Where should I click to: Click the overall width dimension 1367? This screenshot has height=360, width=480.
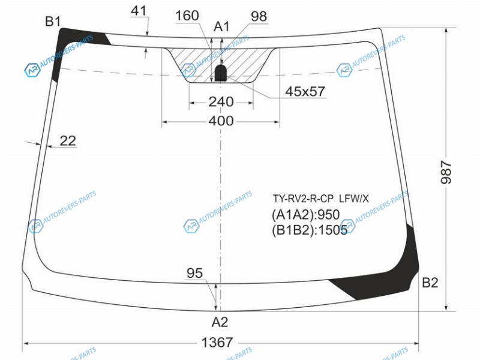click(217, 342)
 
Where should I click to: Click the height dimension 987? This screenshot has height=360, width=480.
click(446, 172)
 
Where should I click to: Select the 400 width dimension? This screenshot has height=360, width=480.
click(221, 121)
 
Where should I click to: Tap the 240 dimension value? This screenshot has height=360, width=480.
click(221, 102)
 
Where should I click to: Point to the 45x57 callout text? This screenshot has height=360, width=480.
click(305, 91)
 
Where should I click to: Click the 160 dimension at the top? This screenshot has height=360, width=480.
click(187, 16)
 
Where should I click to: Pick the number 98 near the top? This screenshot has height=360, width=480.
click(259, 16)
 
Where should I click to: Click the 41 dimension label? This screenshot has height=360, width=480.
click(139, 11)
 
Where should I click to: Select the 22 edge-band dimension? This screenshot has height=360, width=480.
click(68, 141)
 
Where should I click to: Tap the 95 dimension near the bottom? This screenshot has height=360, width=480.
click(194, 273)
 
